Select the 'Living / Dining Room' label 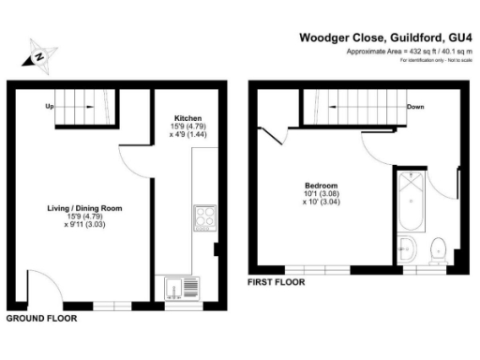84,208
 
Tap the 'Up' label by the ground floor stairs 49,106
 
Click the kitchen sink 177,287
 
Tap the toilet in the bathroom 436,250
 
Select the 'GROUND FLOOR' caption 41,319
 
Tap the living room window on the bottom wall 110,306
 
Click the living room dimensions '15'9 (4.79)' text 84,217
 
